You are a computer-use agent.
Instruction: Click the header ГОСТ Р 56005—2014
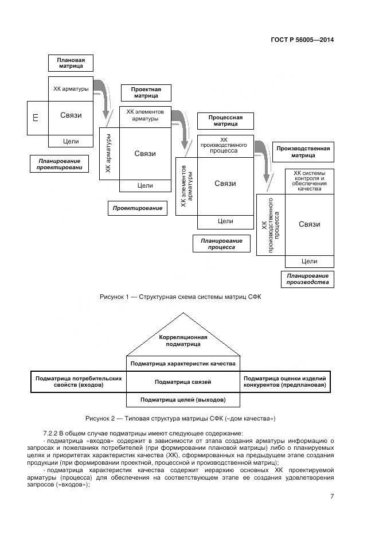[302, 40]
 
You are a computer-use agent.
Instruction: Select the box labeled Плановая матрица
[71, 63]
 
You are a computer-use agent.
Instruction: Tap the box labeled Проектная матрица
[146, 93]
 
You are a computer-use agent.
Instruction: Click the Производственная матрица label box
[303, 151]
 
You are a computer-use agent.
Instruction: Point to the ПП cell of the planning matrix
[37, 118]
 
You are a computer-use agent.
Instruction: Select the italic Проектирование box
[137, 208]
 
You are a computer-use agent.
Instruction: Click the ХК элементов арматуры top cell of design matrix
[144, 114]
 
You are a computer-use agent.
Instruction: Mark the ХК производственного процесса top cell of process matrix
[225, 146]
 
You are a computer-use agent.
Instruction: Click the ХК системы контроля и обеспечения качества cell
[310, 181]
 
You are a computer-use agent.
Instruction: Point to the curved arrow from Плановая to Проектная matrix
[104, 96]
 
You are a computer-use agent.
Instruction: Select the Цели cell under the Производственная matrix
[310, 261]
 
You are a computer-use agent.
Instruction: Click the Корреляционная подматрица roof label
[183, 340]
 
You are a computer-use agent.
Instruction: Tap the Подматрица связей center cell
[183, 382]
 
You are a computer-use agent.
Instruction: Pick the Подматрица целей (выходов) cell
[183, 399]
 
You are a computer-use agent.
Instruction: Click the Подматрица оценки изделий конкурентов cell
[285, 382]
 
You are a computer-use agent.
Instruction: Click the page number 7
[331, 496]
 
